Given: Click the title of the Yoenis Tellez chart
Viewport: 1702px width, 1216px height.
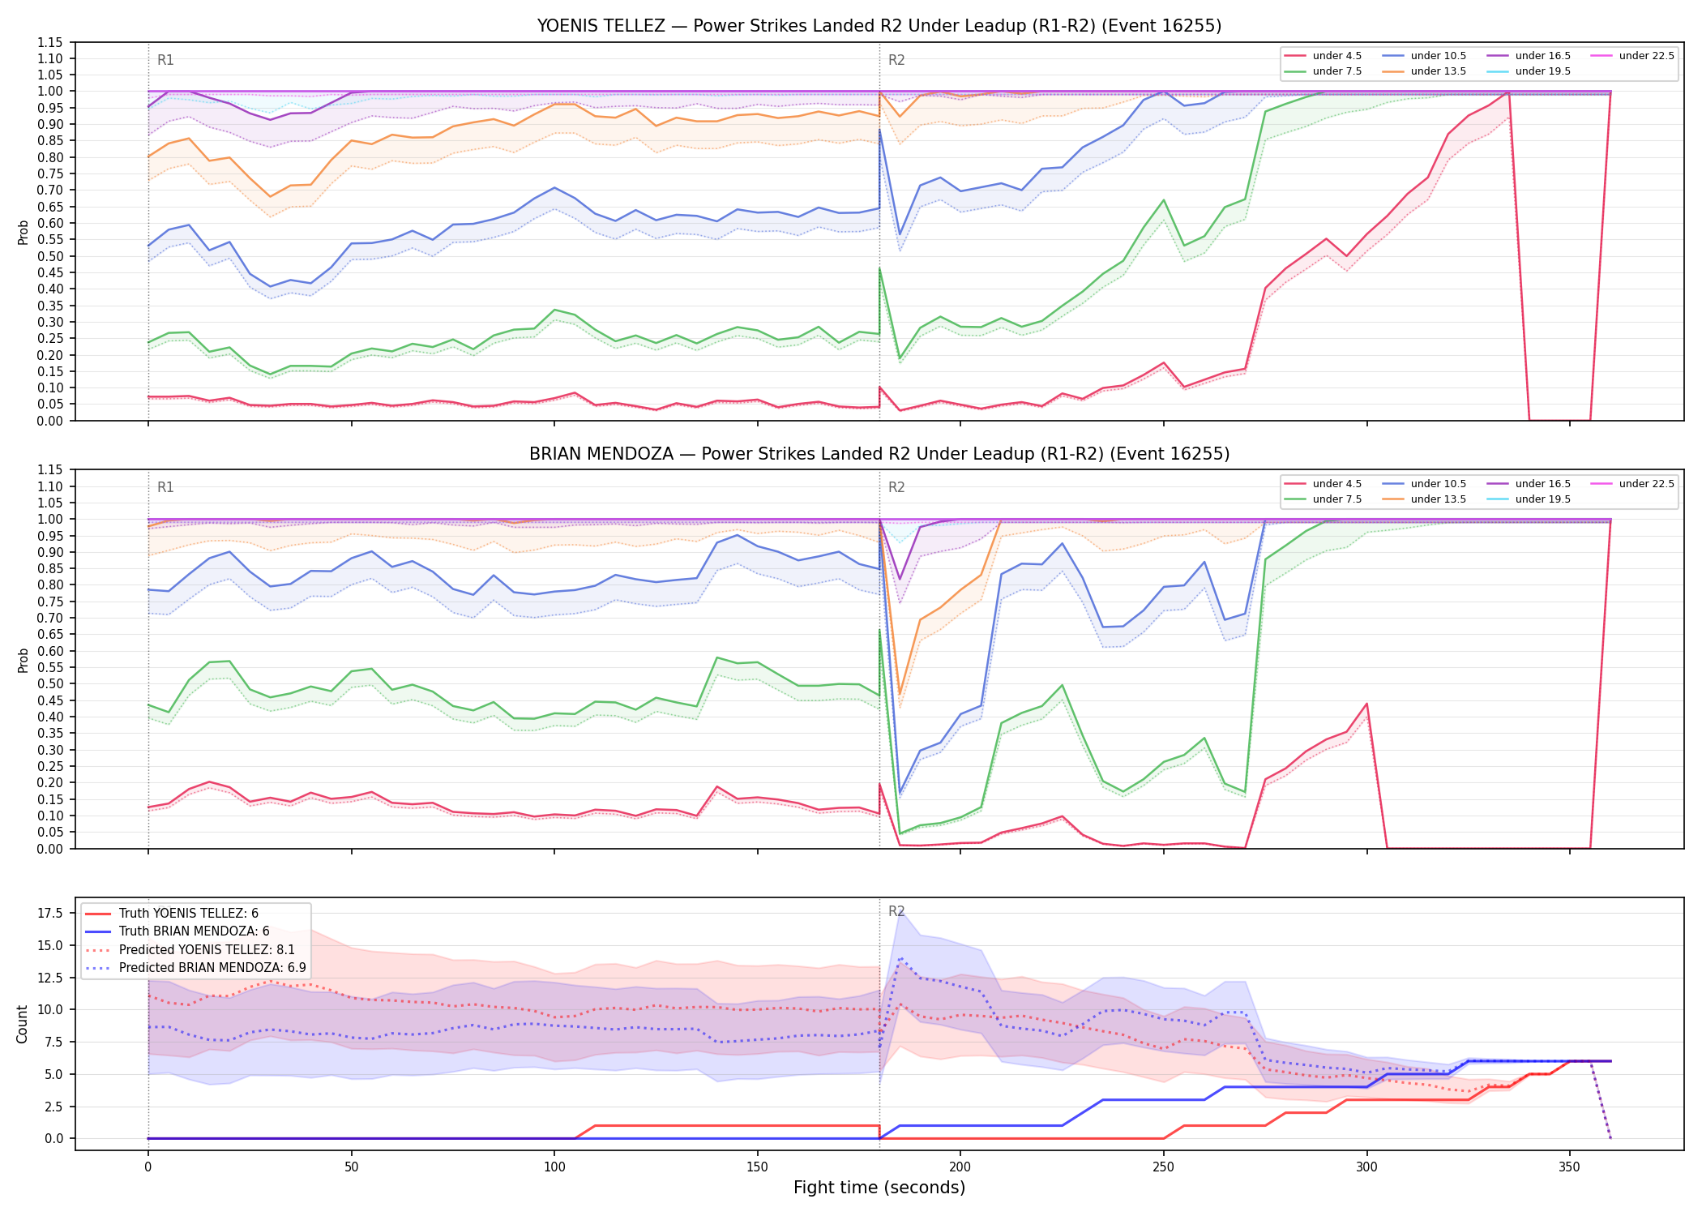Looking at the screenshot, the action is (x=879, y=26).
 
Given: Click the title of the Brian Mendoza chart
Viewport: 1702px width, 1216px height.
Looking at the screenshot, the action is (x=879, y=454).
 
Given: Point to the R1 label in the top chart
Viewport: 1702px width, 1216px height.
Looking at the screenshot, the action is (x=165, y=60).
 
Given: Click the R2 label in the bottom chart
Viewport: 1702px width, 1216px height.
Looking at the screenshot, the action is (x=896, y=911).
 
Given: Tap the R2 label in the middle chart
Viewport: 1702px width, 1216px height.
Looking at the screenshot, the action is (x=896, y=487).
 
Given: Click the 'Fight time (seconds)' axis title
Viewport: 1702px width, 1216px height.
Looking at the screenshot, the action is (x=879, y=1188).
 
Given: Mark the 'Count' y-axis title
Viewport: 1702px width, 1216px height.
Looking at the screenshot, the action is (x=23, y=1024).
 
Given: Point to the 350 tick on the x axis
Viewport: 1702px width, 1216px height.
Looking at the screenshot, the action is (x=1570, y=1167).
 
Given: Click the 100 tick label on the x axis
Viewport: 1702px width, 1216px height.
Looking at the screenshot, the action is (x=554, y=1167).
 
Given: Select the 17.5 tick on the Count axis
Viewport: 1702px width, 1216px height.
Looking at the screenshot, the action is (x=50, y=914).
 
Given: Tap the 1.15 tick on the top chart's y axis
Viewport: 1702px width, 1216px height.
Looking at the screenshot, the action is (x=50, y=42).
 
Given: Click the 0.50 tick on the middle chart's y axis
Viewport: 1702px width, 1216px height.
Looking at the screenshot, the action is (x=50, y=684).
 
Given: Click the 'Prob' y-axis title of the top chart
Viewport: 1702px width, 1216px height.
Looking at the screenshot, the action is (x=23, y=232).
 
